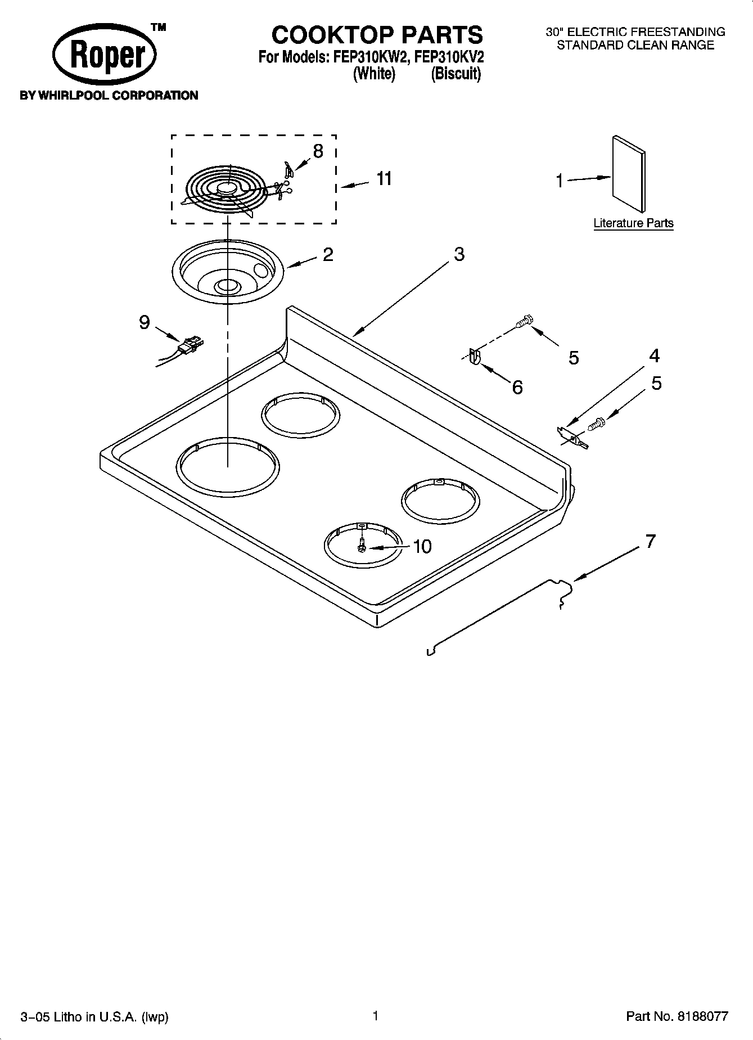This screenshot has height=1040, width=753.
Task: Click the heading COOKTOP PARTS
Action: click(x=377, y=35)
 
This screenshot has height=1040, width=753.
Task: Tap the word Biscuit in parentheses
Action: click(x=456, y=74)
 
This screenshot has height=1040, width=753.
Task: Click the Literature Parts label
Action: click(x=633, y=223)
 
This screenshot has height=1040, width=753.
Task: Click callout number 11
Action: click(x=384, y=179)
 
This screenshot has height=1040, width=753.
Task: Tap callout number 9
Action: click(x=144, y=322)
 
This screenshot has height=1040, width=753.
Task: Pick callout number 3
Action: click(x=459, y=254)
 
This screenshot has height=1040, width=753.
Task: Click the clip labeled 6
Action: click(x=474, y=358)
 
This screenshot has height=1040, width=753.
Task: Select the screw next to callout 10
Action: click(x=362, y=545)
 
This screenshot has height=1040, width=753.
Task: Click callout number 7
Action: click(x=650, y=541)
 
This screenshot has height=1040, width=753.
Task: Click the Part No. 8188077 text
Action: click(x=677, y=1016)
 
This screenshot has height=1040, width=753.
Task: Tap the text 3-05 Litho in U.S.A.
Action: click(x=94, y=1017)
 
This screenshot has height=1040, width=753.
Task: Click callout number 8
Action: click(x=318, y=151)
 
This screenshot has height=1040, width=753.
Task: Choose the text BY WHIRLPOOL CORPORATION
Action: click(x=109, y=96)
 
